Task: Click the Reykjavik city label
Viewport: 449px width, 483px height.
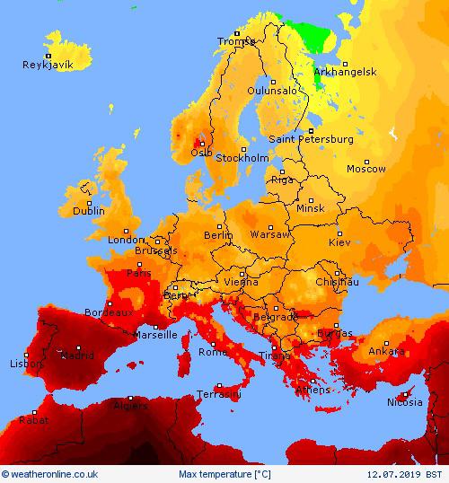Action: click(x=48, y=65)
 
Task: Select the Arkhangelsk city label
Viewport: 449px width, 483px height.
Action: click(x=344, y=71)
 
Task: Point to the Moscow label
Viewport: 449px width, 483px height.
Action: click(x=366, y=169)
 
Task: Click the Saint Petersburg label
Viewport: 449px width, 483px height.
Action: click(x=312, y=140)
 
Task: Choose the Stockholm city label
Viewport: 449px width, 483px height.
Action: click(x=242, y=158)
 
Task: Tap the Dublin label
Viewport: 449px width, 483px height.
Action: click(x=89, y=211)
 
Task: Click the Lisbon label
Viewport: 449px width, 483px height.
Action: click(x=26, y=364)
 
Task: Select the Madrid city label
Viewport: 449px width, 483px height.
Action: click(x=76, y=356)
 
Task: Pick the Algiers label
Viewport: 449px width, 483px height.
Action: click(x=131, y=406)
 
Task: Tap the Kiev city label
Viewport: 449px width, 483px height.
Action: click(x=340, y=242)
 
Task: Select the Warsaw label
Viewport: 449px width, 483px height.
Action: click(x=270, y=234)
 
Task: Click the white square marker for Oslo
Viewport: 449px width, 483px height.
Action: click(x=201, y=143)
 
